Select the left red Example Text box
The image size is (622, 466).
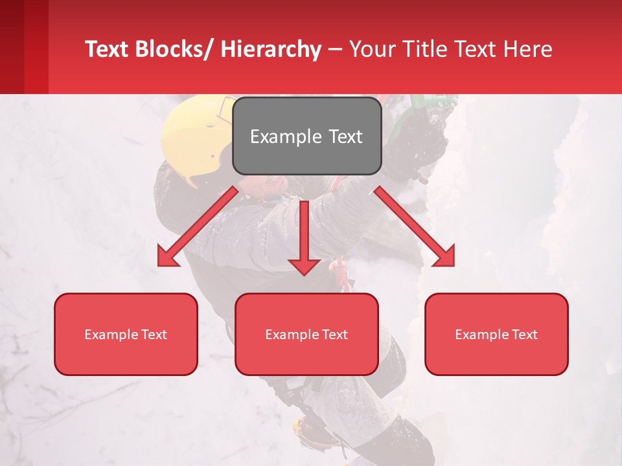125,334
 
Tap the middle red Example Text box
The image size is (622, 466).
306,334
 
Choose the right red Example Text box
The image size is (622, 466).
496,334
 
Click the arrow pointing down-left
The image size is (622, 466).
197,227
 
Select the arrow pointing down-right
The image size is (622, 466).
415,227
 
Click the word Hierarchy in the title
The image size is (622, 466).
270,49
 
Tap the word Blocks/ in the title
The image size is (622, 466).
172,49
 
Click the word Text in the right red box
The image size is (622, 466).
524,334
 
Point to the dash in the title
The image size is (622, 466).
335,50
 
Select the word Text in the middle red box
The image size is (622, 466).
334,334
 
